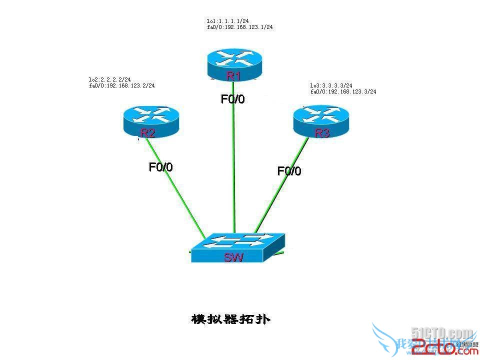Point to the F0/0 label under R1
pos(233,99)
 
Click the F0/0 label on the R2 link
pos(161,167)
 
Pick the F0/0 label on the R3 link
pos(289,171)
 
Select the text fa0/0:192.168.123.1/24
pos(239,27)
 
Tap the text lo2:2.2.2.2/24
pos(109,79)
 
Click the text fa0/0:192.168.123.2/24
pos(121,85)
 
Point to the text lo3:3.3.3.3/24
pos(331,85)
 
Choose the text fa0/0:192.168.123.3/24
pos(343,92)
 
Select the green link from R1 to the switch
pos(233,165)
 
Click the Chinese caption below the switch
pos(230,319)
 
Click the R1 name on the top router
pos(233,76)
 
